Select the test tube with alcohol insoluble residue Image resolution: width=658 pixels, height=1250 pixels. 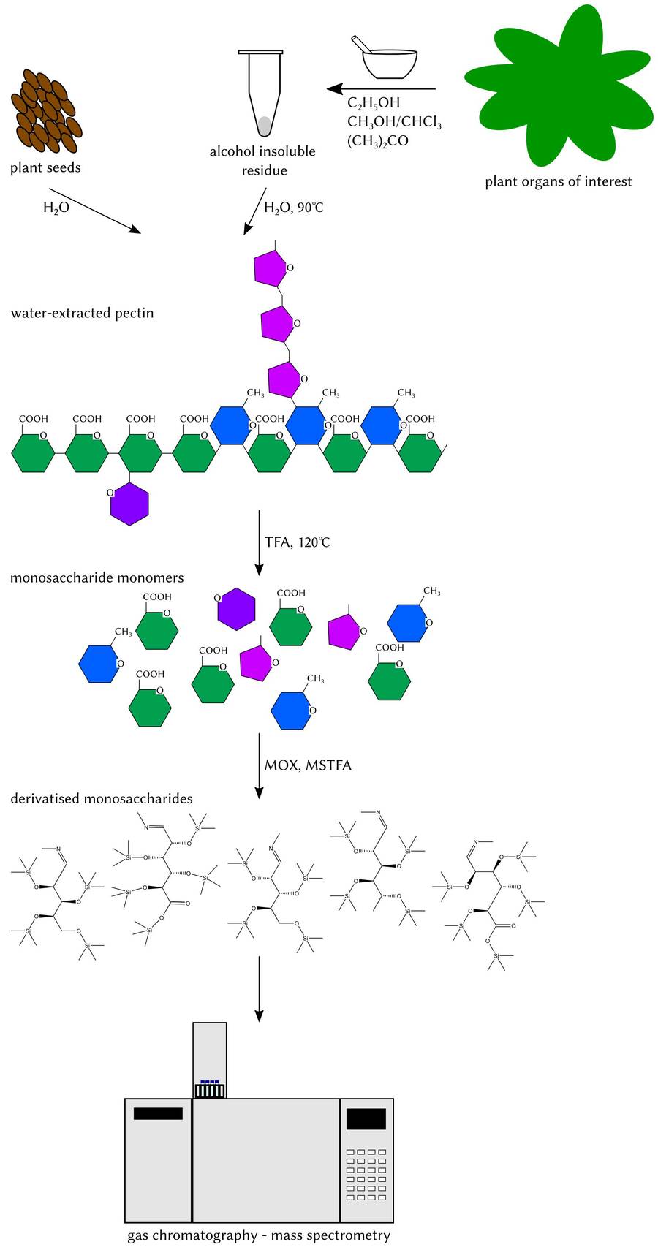pyautogui.click(x=261, y=91)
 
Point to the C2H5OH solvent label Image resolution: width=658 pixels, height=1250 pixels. pyautogui.click(x=374, y=104)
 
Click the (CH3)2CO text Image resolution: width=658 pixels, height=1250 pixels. pyautogui.click(x=377, y=140)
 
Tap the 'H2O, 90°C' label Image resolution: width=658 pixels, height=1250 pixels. pyautogui.click(x=293, y=208)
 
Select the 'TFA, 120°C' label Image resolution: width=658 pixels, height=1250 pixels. pyautogui.click(x=298, y=542)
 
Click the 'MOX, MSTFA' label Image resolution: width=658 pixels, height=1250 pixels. pyautogui.click(x=308, y=765)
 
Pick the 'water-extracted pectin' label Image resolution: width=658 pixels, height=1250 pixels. pyautogui.click(x=82, y=313)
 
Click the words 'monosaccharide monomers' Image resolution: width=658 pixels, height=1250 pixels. pyautogui.click(x=97, y=577)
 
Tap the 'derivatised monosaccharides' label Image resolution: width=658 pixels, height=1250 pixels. pyautogui.click(x=102, y=798)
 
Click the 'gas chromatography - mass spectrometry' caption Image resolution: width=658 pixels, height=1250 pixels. pyautogui.click(x=259, y=1235)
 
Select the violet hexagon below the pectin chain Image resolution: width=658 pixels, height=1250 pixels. pyautogui.click(x=129, y=504)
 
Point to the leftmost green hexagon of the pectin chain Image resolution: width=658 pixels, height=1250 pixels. pyautogui.click(x=33, y=452)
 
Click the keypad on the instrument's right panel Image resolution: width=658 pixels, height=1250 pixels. pyautogui.click(x=366, y=1174)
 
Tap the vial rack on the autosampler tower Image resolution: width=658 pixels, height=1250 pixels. pyautogui.click(x=210, y=1089)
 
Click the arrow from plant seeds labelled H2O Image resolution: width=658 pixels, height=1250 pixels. pyautogui.click(x=94, y=211)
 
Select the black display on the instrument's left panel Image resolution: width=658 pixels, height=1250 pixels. pyautogui.click(x=158, y=1113)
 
